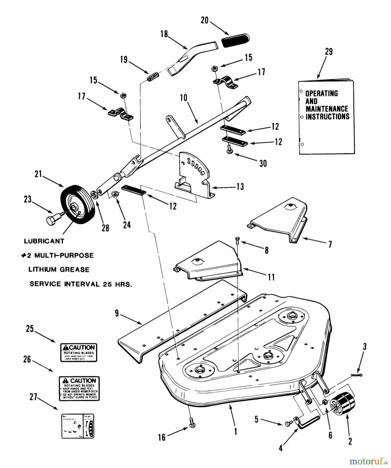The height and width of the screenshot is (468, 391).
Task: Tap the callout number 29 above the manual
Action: click(329, 52)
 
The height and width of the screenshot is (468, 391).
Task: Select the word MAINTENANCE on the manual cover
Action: click(327, 109)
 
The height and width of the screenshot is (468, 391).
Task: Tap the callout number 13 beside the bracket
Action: click(240, 187)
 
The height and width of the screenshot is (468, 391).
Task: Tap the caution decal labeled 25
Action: click(79, 353)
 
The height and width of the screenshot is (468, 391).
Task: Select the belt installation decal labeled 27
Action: click(78, 426)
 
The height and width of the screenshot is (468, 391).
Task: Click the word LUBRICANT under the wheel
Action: click(44, 241)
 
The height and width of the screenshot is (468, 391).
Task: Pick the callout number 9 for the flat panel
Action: click(117, 313)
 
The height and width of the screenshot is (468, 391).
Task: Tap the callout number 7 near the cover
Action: click(330, 244)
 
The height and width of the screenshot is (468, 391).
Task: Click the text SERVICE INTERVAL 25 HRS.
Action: click(81, 284)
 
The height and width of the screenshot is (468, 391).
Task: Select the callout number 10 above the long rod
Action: click(184, 98)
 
